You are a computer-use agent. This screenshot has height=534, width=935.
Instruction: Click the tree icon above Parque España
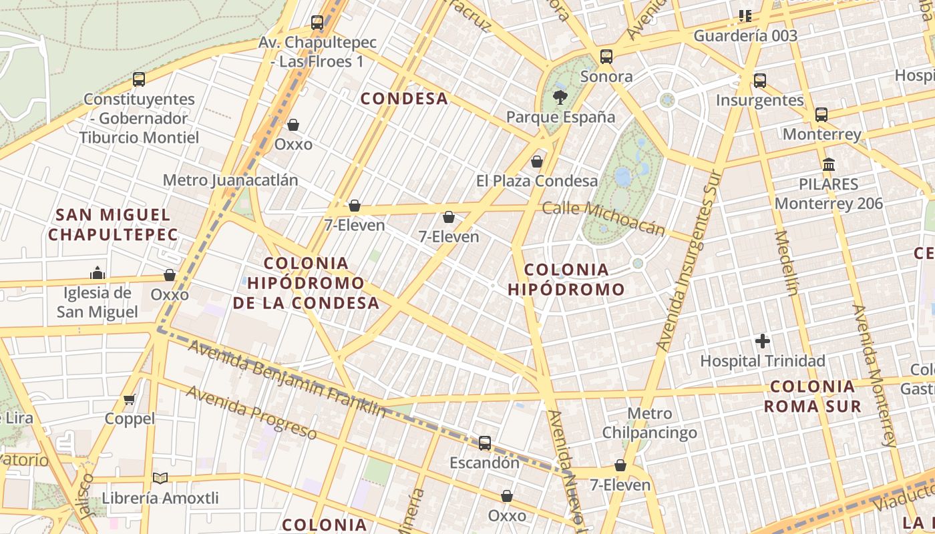pyautogui.click(x=559, y=98)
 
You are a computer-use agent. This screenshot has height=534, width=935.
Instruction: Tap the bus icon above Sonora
pyautogui.click(x=606, y=57)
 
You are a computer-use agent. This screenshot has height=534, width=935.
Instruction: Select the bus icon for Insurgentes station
pyautogui.click(x=759, y=81)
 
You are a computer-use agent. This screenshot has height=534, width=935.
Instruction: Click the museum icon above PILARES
pyautogui.click(x=829, y=164)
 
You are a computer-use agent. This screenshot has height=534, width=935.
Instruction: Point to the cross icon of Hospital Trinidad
pyautogui.click(x=762, y=342)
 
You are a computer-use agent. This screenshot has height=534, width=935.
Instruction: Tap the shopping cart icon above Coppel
pyautogui.click(x=130, y=399)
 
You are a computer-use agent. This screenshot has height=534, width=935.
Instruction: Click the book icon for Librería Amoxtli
pyautogui.click(x=160, y=478)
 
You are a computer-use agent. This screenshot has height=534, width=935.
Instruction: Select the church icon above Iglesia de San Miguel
pyautogui.click(x=98, y=273)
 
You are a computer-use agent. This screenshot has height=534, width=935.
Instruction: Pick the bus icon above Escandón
pyautogui.click(x=485, y=443)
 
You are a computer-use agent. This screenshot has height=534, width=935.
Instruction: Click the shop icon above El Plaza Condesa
pyautogui.click(x=537, y=162)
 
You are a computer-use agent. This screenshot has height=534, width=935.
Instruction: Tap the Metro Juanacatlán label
pyautogui.click(x=230, y=180)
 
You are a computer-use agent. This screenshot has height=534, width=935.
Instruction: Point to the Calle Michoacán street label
pyautogui.click(x=603, y=217)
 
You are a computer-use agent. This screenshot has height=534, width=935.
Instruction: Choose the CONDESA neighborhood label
pyautogui.click(x=404, y=99)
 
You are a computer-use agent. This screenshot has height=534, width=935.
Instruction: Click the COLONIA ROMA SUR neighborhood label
pyautogui.click(x=812, y=396)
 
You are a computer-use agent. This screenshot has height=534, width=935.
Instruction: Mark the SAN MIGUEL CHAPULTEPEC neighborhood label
pyautogui.click(x=113, y=224)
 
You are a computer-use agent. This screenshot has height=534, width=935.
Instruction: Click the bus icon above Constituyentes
pyautogui.click(x=139, y=79)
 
